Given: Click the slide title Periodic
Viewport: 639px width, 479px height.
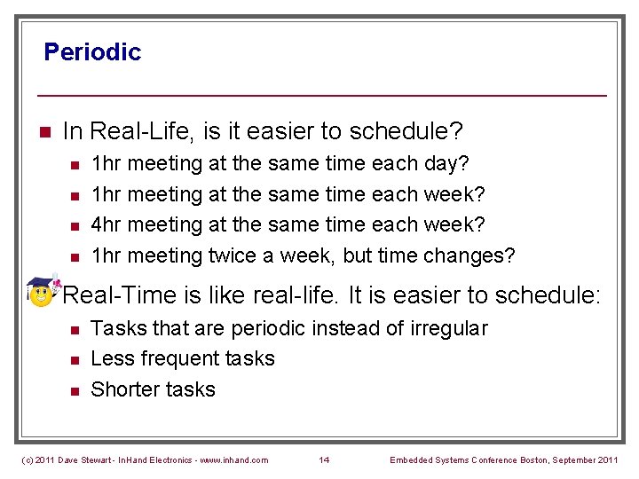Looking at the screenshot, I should point(92,51).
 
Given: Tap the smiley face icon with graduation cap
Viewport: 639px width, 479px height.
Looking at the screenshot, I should point(41,292).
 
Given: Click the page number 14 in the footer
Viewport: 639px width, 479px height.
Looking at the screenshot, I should point(324,459).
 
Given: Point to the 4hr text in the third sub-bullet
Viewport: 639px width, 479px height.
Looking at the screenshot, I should point(106,225).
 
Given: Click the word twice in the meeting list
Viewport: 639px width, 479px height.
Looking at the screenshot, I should point(233,256).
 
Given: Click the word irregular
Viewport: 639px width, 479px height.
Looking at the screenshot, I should point(449,328).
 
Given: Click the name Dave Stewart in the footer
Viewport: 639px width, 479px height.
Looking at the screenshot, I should point(86,459).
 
